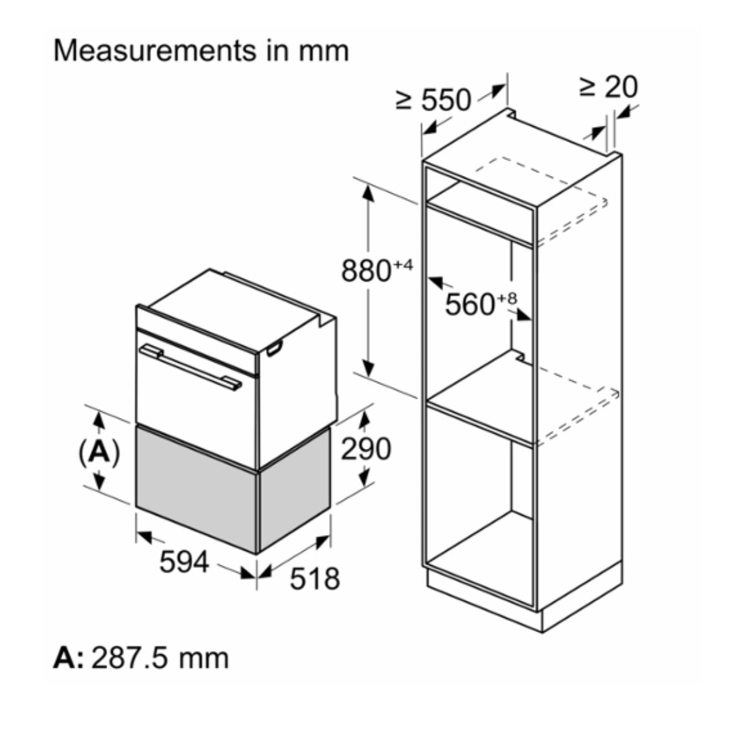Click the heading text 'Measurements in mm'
(201, 51)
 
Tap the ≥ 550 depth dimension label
(433, 100)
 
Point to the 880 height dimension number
(366, 271)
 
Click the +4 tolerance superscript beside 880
(404, 265)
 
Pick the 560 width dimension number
(470, 304)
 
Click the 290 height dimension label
(366, 449)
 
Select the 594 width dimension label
(184, 562)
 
